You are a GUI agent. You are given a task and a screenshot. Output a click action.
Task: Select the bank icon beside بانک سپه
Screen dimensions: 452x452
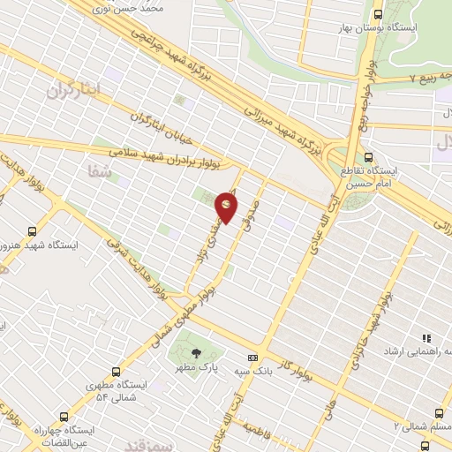click(x=253, y=358)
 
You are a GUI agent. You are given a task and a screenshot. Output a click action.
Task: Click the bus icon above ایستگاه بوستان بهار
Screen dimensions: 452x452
click(x=379, y=14)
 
